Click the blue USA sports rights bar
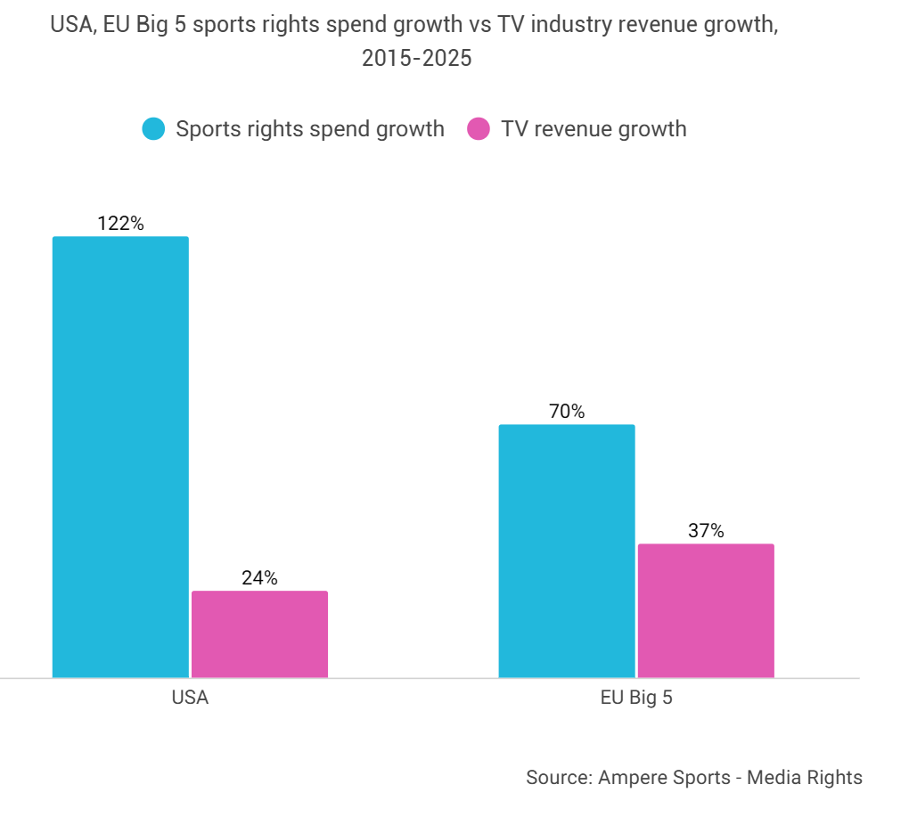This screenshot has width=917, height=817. [x=120, y=456]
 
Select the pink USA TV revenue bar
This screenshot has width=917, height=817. [x=259, y=633]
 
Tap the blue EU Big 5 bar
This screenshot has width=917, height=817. [x=567, y=551]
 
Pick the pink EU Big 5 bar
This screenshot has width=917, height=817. [x=706, y=610]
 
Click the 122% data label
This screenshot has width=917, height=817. [x=120, y=223]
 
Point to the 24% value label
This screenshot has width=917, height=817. [x=259, y=577]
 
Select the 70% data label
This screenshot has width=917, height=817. [x=567, y=412]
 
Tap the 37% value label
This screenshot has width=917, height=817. [x=706, y=531]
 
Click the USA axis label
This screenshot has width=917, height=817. [x=190, y=698]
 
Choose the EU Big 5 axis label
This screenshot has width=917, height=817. [x=636, y=698]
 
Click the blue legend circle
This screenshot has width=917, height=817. [x=154, y=129]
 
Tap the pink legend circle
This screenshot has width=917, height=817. [x=479, y=129]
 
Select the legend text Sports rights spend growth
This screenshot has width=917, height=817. [x=309, y=129]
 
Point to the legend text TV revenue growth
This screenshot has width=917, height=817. [x=594, y=129]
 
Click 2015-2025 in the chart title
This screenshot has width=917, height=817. [x=416, y=59]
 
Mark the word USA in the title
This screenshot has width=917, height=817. [x=70, y=25]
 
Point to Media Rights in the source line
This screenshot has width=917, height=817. [x=805, y=777]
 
